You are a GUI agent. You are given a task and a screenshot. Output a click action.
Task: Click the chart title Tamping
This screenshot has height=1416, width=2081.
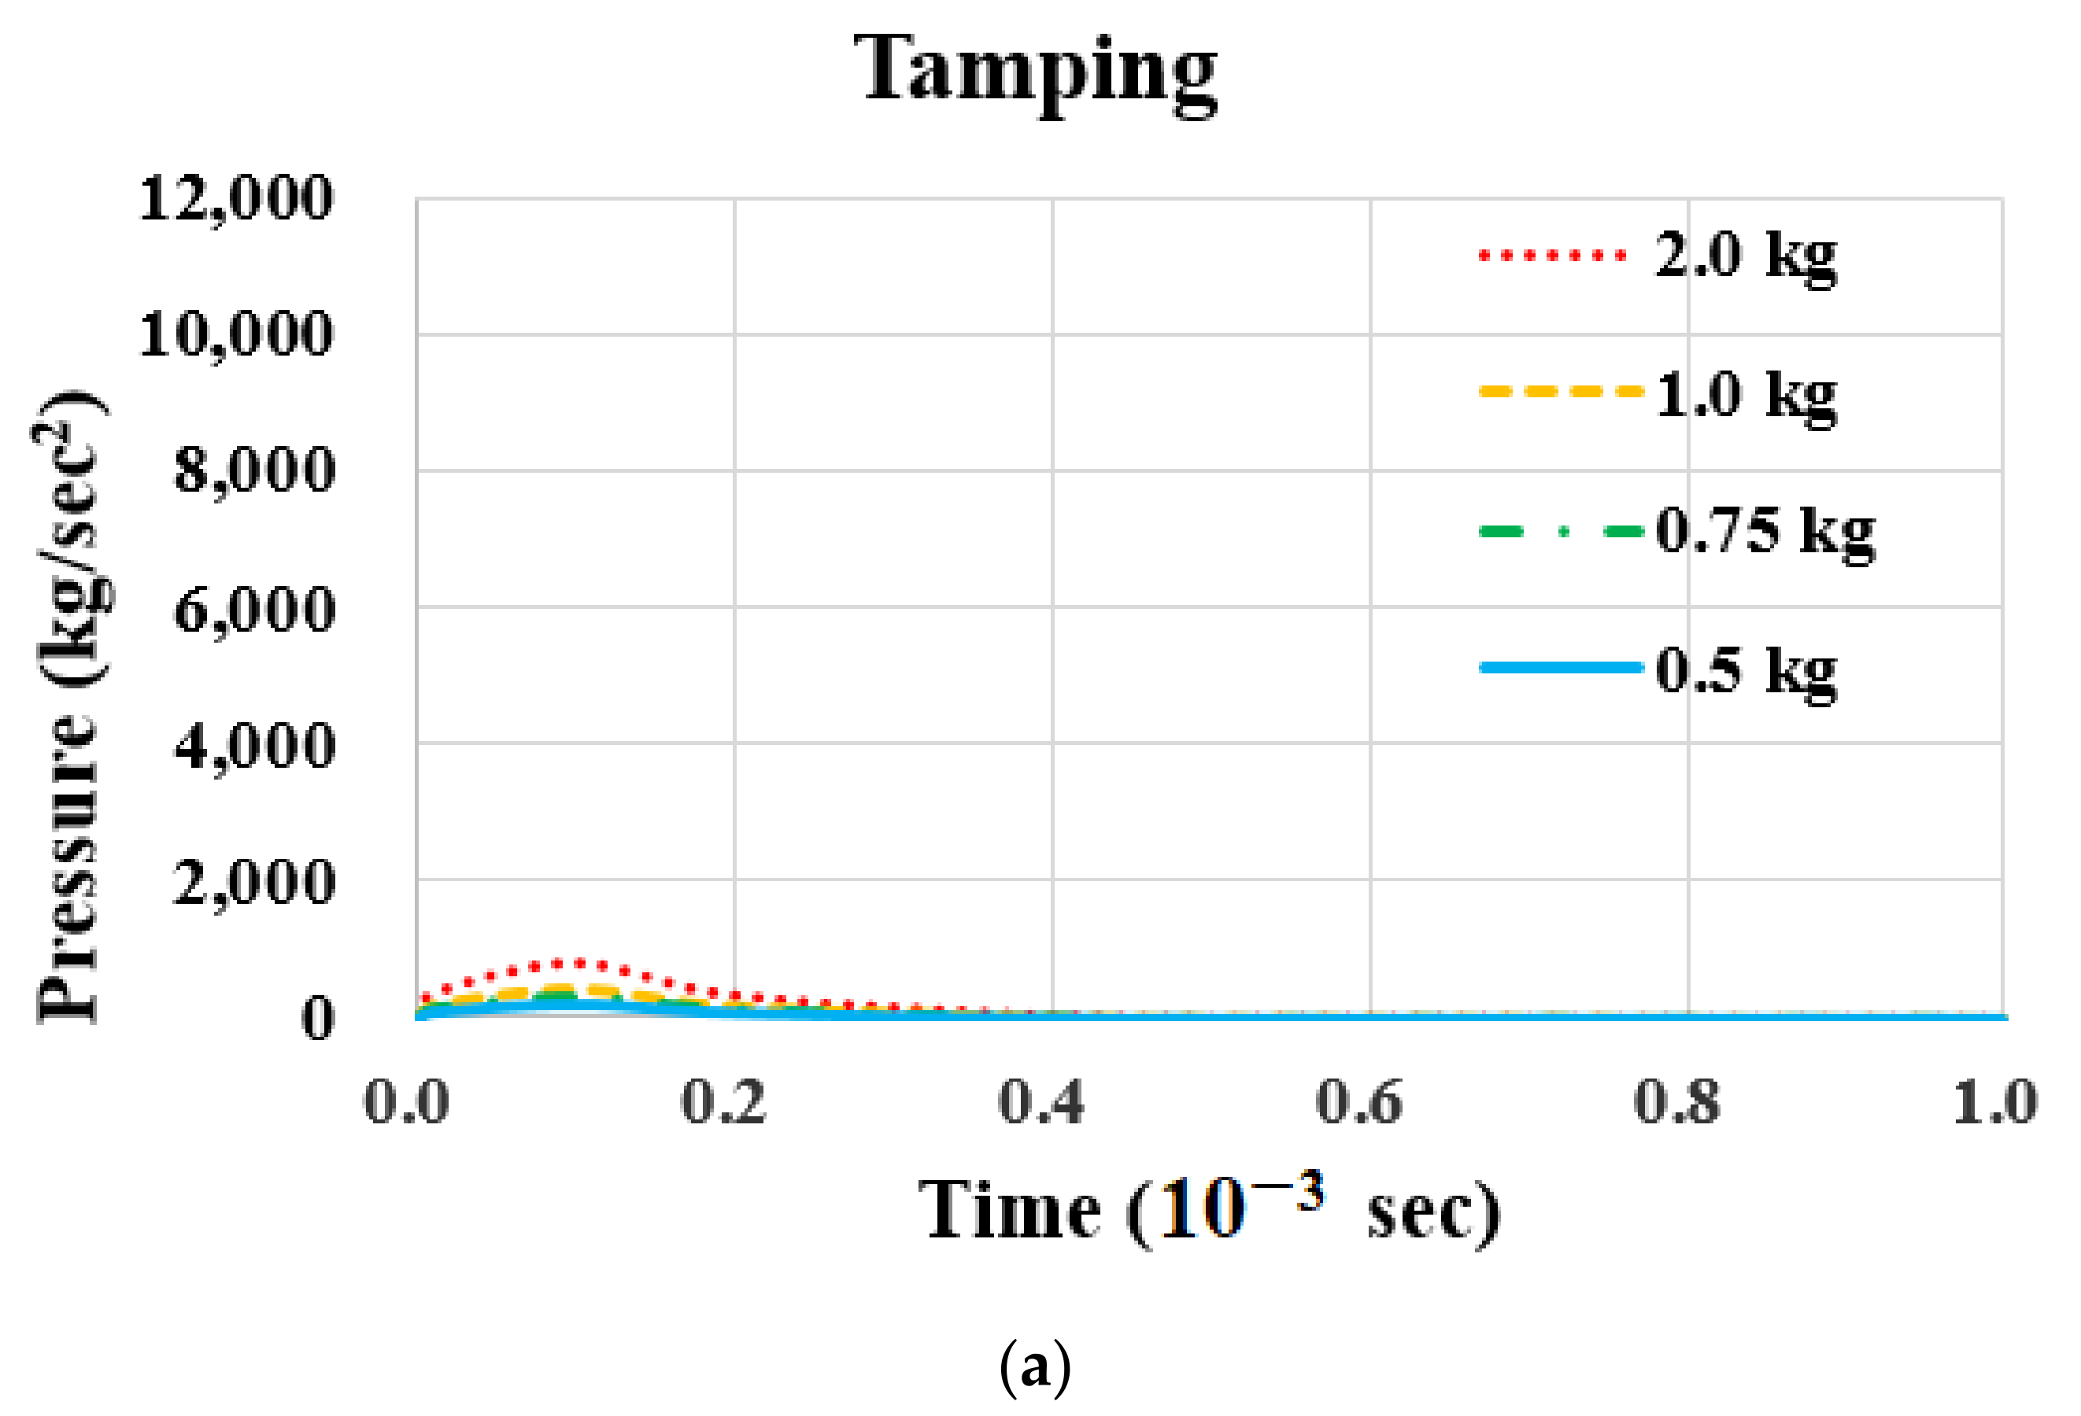[x=1036, y=70]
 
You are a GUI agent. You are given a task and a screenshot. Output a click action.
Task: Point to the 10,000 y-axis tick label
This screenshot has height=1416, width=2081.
[x=236, y=335]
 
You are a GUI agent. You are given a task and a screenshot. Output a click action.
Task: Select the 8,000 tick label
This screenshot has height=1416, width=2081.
[x=254, y=470]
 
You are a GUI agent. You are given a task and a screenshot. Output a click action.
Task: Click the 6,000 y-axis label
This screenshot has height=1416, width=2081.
[x=254, y=610]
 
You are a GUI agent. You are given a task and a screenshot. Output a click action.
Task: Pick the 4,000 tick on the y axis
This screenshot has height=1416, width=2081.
[x=254, y=746]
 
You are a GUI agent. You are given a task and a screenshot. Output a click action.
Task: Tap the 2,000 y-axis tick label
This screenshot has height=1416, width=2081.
[x=254, y=883]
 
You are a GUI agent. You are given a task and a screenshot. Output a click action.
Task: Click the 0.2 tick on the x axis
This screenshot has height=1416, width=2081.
[x=723, y=1102]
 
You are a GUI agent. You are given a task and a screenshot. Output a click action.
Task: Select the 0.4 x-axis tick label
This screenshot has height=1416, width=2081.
[x=1040, y=1102]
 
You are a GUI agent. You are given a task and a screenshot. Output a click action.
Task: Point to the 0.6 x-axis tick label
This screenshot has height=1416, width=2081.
[x=1358, y=1102]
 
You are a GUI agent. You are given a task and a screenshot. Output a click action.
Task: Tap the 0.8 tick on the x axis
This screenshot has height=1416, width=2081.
[x=1676, y=1102]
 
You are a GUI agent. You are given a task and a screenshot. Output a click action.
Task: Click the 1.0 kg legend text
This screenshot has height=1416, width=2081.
[x=1746, y=395]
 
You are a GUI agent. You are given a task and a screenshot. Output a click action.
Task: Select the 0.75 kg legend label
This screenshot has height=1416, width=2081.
[x=1764, y=532]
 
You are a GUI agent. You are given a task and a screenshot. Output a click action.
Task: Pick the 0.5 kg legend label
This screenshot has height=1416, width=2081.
[x=1746, y=670]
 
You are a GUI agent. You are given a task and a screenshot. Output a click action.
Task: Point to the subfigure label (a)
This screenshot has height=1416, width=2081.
[x=1035, y=1366]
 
